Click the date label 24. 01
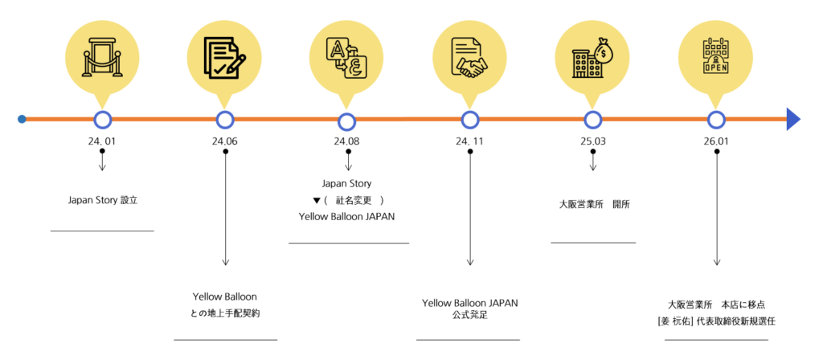[x=102, y=142]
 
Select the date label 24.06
[x=225, y=142]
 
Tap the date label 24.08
[x=347, y=142]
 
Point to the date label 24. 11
[x=470, y=142]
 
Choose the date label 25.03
[x=593, y=142]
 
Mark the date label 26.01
[x=716, y=142]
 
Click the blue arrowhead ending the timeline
[x=793, y=119]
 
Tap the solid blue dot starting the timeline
[x=22, y=120]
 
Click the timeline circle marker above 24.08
[x=347, y=121]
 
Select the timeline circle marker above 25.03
[x=593, y=120]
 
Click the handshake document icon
[x=470, y=58]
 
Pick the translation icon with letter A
[x=347, y=58]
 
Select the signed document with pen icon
[x=225, y=58]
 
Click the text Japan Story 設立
[x=103, y=199]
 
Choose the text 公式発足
[x=470, y=315]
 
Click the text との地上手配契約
[x=225, y=313]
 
